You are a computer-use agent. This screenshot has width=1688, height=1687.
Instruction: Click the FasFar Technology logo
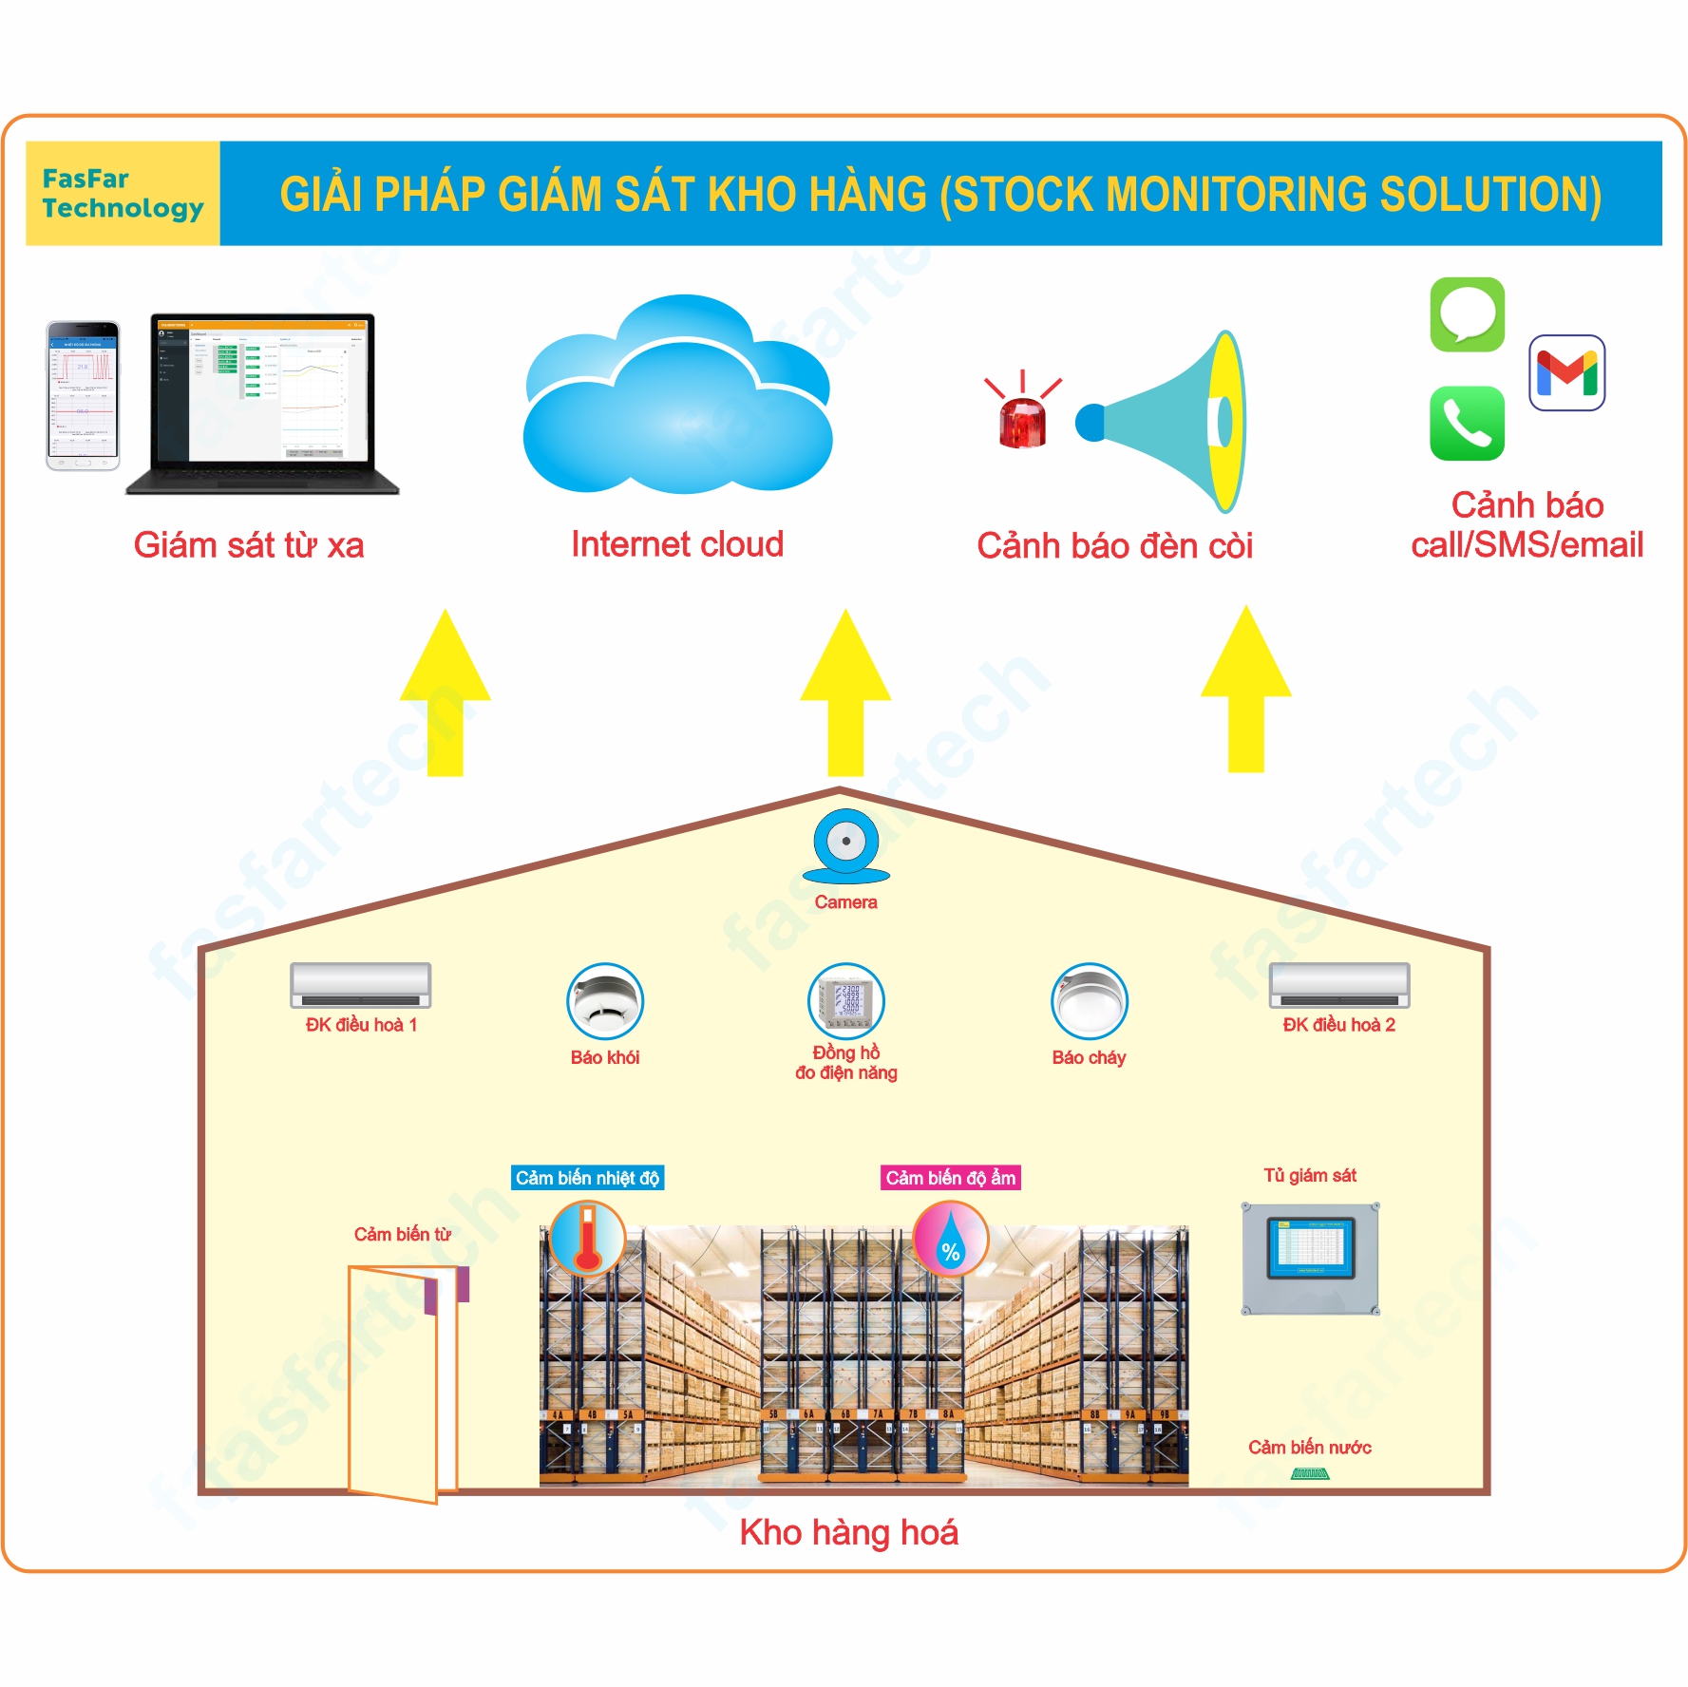123,193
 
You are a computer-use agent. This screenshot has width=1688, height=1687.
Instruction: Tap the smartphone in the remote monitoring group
84,395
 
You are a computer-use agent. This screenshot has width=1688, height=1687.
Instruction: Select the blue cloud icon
677,399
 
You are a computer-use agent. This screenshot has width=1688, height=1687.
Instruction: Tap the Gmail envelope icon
1566,372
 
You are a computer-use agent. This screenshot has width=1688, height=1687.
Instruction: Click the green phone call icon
1467,424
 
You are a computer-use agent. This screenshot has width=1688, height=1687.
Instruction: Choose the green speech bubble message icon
1467,314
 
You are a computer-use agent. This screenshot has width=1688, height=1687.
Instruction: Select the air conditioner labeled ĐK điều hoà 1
361,985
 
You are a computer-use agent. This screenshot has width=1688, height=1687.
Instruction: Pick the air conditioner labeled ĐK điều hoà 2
1339,985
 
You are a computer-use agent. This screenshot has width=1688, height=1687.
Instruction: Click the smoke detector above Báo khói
605,1001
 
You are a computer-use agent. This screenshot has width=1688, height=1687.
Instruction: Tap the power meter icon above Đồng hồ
845,1001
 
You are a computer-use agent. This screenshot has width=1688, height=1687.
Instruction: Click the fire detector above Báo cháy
1089,1001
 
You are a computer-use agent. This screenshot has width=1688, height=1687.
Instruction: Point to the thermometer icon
588,1238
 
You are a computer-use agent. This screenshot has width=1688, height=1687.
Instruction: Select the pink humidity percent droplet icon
950,1239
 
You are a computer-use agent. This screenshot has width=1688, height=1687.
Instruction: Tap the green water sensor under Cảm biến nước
1310,1473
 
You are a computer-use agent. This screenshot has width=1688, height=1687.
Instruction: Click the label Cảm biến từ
402,1234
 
